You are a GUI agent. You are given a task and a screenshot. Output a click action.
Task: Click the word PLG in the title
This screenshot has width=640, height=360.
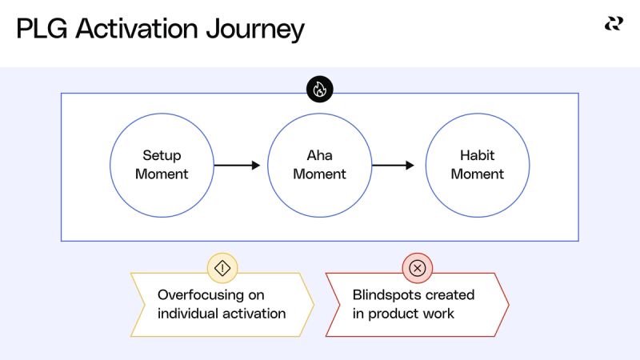[42, 30]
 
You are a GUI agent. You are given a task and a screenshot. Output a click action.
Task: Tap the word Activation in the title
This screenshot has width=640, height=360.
[136, 30]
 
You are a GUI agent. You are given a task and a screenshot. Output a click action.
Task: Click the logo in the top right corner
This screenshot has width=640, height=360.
[613, 24]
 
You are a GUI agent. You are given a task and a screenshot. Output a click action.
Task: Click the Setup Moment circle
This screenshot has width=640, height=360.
[162, 165]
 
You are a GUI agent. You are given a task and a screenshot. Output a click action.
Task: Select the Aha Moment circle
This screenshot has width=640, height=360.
[319, 165]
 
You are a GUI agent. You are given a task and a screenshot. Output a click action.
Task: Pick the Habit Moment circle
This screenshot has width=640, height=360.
[478, 165]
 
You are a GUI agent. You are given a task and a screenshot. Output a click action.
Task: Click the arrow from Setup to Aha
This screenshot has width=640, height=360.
[238, 166]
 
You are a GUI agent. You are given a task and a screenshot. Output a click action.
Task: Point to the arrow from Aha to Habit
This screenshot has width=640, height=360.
[394, 166]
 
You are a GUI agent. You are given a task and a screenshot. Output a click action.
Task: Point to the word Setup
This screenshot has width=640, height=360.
[162, 156]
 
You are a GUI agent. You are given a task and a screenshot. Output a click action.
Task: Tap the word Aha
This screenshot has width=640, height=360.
[319, 156]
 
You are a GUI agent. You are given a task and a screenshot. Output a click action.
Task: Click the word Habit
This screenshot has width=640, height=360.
[478, 156]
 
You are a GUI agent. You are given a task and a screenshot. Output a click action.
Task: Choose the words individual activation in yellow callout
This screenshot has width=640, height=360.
[222, 314]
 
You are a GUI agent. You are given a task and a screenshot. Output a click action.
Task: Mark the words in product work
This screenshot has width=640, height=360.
[403, 314]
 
